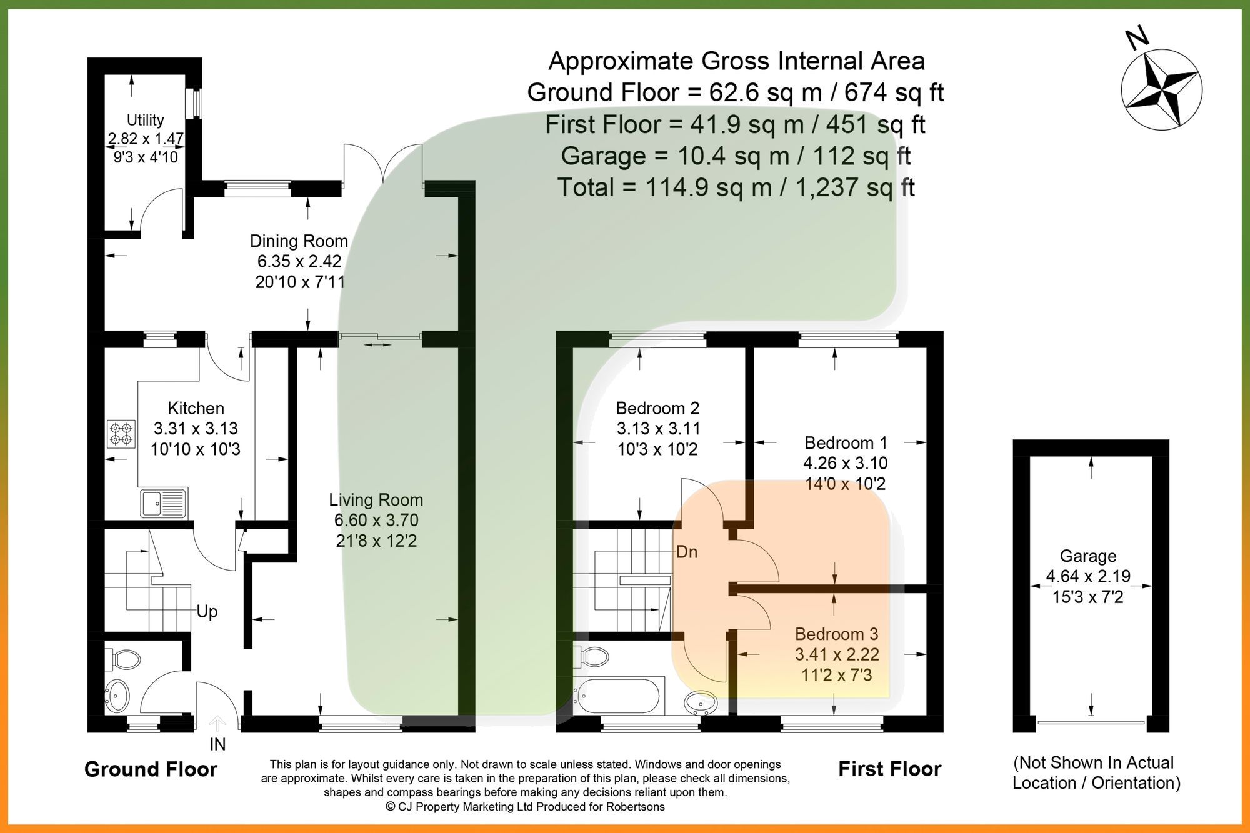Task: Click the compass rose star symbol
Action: [1161, 89]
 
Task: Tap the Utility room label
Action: [145, 120]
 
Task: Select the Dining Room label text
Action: [299, 241]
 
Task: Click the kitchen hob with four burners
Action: [121, 434]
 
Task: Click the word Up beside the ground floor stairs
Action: [207, 611]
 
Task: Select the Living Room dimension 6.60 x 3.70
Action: [376, 520]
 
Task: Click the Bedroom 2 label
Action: [657, 408]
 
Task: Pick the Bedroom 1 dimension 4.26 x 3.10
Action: [845, 463]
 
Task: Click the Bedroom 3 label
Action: [836, 634]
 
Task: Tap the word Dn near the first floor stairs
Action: [687, 552]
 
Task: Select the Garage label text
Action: [1087, 556]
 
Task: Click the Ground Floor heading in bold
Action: [151, 769]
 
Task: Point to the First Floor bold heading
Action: [889, 769]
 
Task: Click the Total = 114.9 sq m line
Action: [736, 187]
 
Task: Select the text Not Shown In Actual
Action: [1093, 762]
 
